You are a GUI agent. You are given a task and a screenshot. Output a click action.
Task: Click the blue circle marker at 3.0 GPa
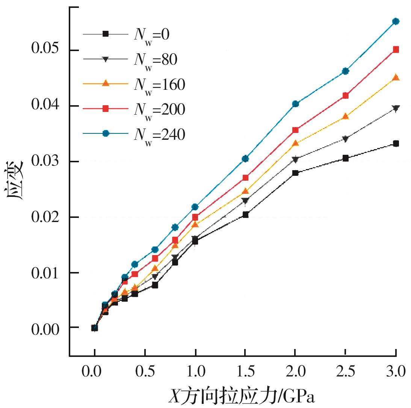[x=396, y=21]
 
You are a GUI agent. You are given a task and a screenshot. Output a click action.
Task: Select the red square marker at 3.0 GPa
[x=396, y=49]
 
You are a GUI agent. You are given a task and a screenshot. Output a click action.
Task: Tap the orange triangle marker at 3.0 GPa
[x=396, y=77]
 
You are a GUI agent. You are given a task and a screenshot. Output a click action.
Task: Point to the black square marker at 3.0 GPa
[x=396, y=144]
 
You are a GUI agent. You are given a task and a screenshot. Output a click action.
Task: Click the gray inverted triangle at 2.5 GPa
[x=346, y=139]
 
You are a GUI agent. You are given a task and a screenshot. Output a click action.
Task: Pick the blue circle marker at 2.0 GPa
[x=295, y=104]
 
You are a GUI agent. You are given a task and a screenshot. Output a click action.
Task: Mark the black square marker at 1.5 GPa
[x=245, y=215]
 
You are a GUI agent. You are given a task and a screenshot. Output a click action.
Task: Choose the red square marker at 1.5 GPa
[x=245, y=177]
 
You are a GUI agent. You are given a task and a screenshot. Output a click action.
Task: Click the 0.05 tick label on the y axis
[x=46, y=50]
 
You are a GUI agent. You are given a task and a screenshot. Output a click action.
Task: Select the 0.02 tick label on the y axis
[x=46, y=217]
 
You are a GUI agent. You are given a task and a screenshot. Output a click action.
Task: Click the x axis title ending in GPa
[x=241, y=396]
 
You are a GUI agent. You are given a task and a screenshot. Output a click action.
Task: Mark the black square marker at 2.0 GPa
[x=295, y=173]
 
